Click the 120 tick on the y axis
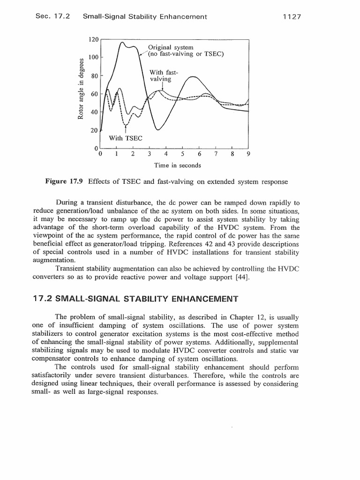94,40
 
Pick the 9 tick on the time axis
248,153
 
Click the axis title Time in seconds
178,165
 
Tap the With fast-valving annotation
161,75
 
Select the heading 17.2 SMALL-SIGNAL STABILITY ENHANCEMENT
135,298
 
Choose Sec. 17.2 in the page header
52,17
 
